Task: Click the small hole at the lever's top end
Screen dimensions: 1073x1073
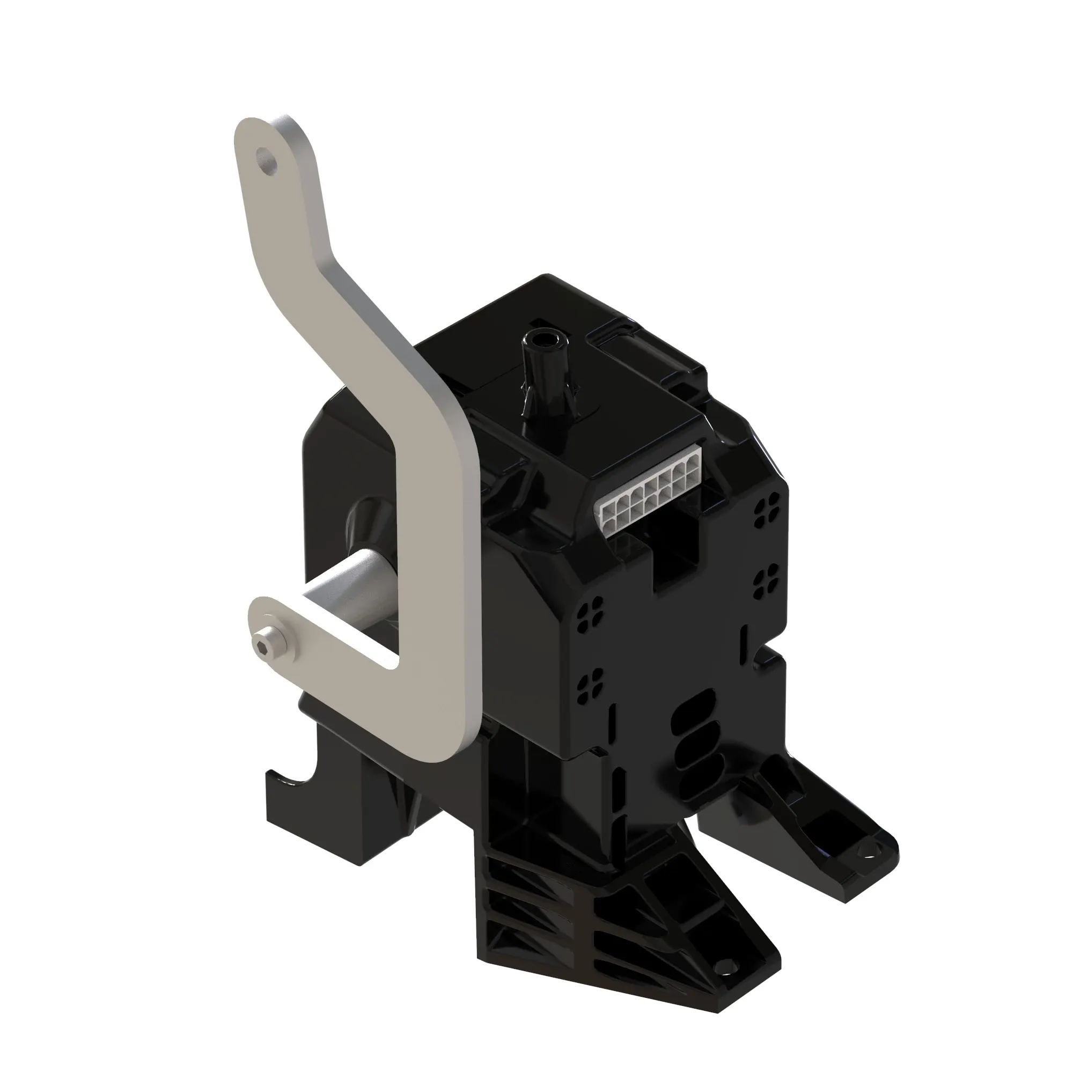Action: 268,159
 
